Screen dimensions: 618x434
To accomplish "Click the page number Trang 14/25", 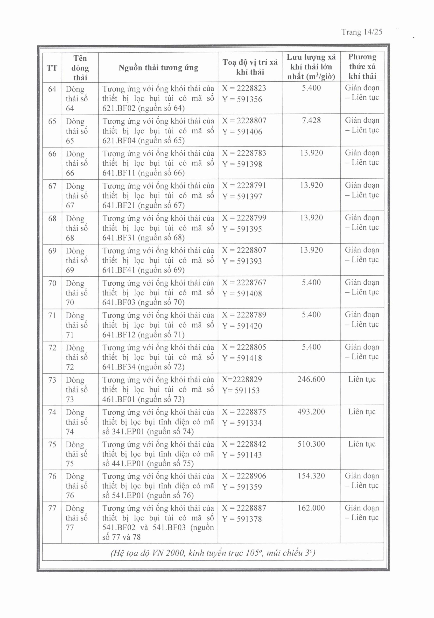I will [362, 32].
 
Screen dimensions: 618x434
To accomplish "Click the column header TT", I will [52, 68].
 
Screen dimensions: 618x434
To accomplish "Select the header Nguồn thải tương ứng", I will [158, 68].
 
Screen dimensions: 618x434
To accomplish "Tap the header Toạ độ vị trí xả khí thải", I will [250, 67].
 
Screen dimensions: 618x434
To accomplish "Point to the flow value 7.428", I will [311, 120].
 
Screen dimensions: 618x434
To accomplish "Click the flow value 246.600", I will [311, 379].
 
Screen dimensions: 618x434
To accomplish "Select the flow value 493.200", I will [311, 412].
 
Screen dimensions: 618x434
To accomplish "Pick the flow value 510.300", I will [311, 444].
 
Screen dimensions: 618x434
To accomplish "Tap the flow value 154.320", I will [311, 476].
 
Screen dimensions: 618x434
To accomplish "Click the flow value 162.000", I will [311, 508].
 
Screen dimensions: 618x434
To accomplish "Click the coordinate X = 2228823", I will [244, 88].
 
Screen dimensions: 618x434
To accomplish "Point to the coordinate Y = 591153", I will [241, 390].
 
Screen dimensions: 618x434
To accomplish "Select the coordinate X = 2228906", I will [244, 476].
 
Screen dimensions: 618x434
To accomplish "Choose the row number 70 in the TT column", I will [52, 283].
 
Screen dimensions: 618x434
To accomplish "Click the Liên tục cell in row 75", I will [362, 444].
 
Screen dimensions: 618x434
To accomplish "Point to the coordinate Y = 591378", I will [242, 519].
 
